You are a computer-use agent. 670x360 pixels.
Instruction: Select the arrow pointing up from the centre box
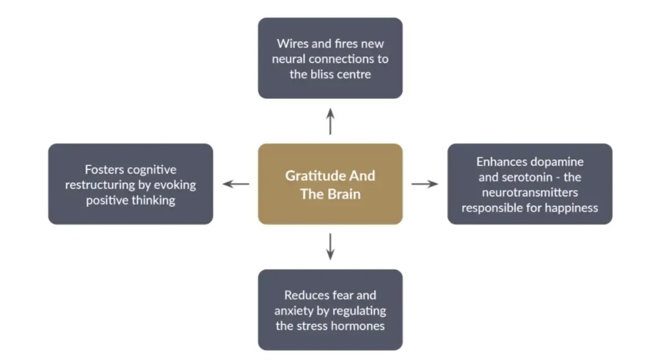[330, 121]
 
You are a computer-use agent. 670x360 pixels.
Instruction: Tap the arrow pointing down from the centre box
[330, 246]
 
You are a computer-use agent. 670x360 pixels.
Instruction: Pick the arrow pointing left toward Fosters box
[236, 184]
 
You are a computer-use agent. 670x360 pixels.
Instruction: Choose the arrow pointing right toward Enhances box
[425, 184]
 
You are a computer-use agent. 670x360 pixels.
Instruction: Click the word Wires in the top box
[293, 44]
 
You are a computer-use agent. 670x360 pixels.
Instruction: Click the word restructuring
[100, 185]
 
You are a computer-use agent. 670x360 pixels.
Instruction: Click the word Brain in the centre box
[344, 194]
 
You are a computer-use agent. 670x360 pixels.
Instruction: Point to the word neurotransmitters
[530, 193]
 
